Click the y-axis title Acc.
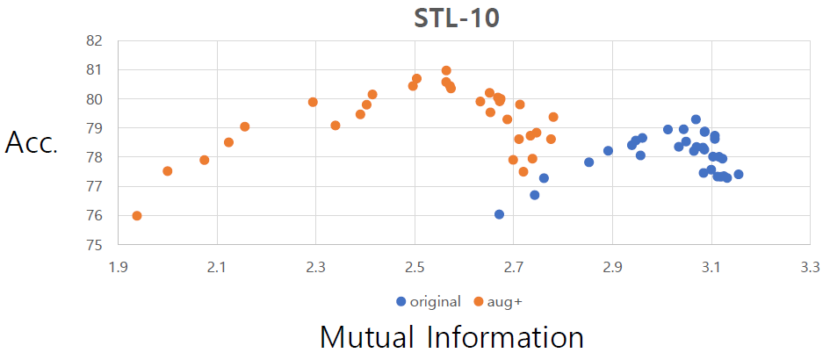point(32,143)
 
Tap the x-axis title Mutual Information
point(451,337)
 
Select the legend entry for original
point(429,301)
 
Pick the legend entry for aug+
point(498,301)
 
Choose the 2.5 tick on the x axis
point(415,263)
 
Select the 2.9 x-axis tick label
point(612,263)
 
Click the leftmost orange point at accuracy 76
point(137,216)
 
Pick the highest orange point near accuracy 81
point(446,70)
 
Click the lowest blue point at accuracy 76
point(500,214)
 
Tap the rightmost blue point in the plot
point(739,175)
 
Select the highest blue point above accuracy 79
point(696,119)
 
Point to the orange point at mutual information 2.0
point(168,171)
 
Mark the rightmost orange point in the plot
point(553,117)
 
